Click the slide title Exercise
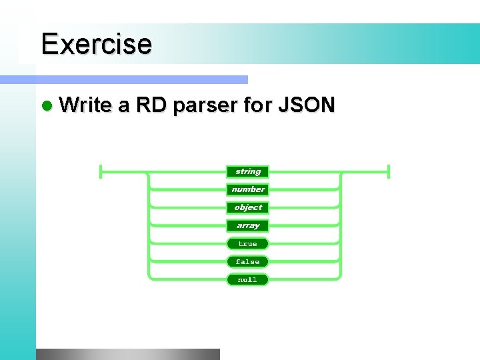pos(96,44)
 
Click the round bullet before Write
pos(45,106)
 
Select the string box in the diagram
pos(247,171)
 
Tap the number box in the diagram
pos(247,189)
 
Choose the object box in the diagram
pos(247,207)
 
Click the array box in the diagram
pos(247,225)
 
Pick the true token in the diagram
pos(247,244)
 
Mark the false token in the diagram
pos(247,262)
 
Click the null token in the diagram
pos(247,280)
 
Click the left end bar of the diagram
pos(100,171)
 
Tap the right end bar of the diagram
pos(388,171)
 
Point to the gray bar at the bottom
pos(127,354)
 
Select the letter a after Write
pos(123,106)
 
